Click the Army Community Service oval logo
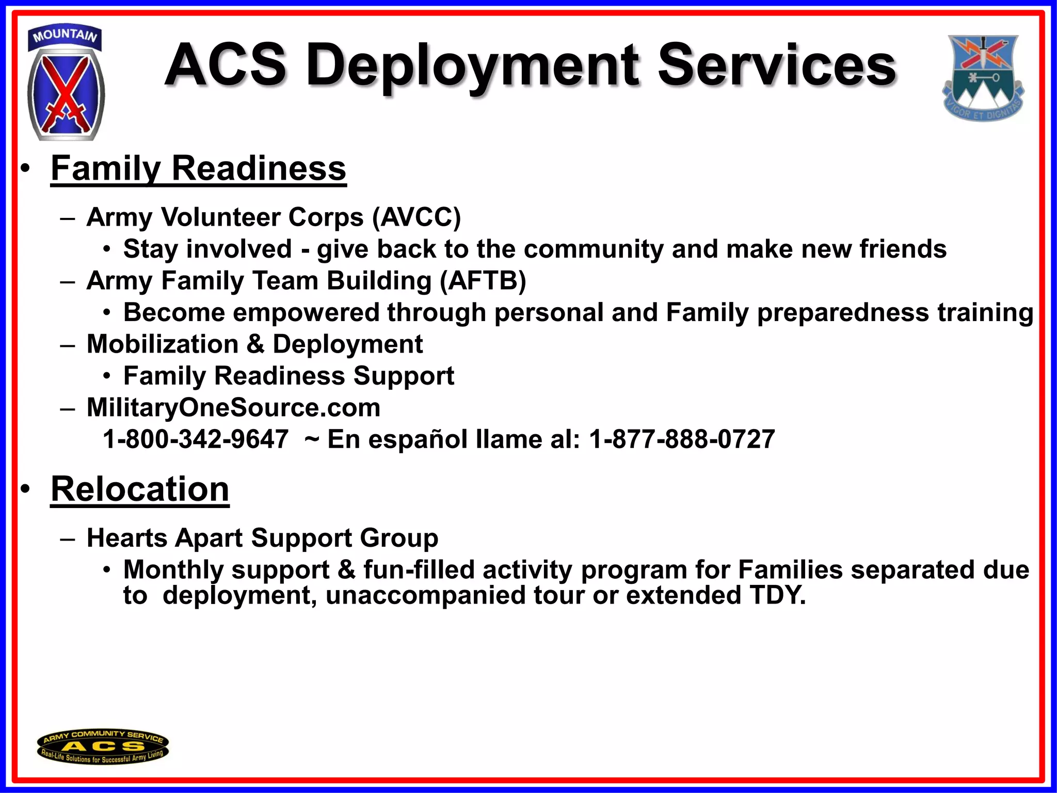point(103,747)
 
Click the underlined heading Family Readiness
point(198,168)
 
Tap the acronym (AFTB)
point(483,281)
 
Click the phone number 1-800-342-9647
point(196,439)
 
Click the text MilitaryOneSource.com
point(233,408)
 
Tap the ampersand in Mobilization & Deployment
point(255,344)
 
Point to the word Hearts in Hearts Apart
point(127,538)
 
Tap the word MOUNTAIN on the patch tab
point(65,35)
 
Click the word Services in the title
point(777,66)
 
